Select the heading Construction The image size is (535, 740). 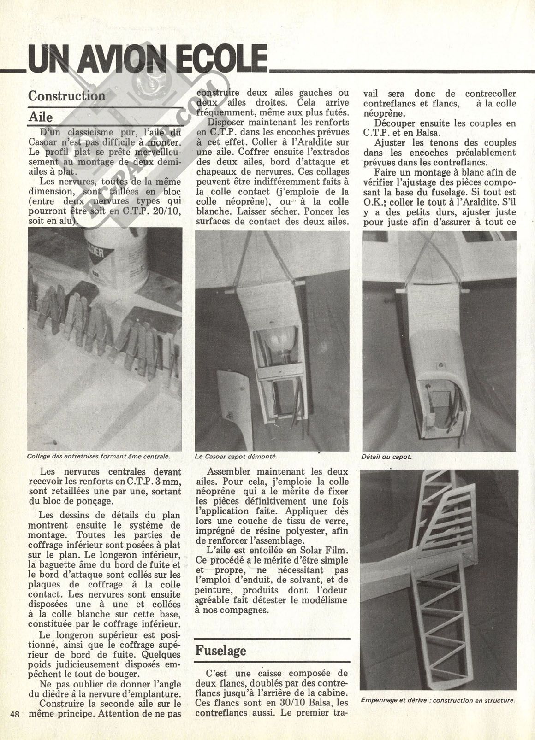(x=66, y=96)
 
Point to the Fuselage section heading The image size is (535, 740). (x=221, y=650)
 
